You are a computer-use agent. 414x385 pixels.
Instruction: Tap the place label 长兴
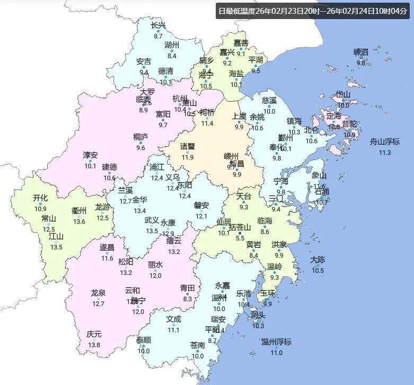tap(158, 25)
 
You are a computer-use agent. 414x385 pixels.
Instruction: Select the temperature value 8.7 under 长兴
tap(158, 36)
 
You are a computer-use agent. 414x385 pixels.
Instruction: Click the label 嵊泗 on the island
tap(361, 52)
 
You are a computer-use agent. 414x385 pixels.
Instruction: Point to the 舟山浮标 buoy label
tap(385, 141)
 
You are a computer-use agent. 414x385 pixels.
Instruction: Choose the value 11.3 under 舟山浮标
tap(385, 153)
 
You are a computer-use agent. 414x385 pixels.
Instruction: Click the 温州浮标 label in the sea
tap(276, 342)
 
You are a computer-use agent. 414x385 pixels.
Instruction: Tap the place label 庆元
tap(94, 334)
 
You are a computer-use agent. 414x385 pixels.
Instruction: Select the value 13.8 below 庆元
tap(94, 345)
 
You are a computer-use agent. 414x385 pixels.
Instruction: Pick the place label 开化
tap(40, 198)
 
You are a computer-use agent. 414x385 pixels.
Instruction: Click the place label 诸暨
tap(187, 146)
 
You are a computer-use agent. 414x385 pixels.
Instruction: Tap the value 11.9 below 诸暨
tap(187, 157)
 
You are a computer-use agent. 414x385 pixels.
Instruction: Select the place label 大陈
tap(318, 259)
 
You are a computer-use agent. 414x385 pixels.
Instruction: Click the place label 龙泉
tap(98, 293)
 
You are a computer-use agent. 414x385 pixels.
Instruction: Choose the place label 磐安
tap(201, 205)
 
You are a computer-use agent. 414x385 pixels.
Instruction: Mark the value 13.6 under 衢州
tap(79, 221)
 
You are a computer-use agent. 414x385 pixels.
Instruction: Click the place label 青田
tap(187, 288)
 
